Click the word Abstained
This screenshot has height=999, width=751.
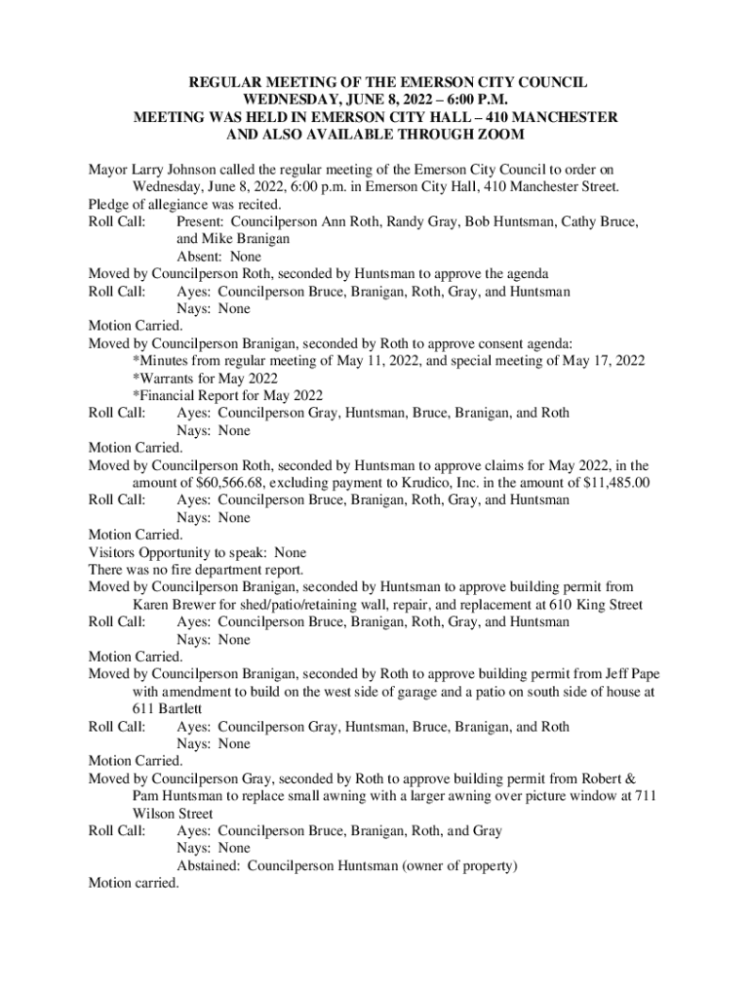[208, 866]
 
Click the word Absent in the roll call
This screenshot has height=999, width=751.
[198, 257]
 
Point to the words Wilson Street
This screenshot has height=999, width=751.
[173, 814]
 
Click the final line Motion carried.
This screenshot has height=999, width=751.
[134, 883]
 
